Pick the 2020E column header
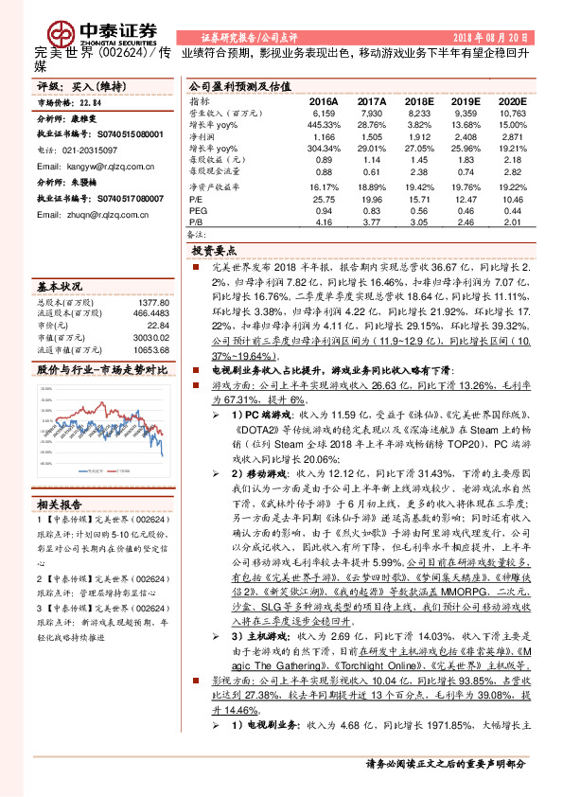click(x=511, y=99)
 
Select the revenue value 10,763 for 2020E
click(x=511, y=112)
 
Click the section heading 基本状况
click(x=59, y=285)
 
